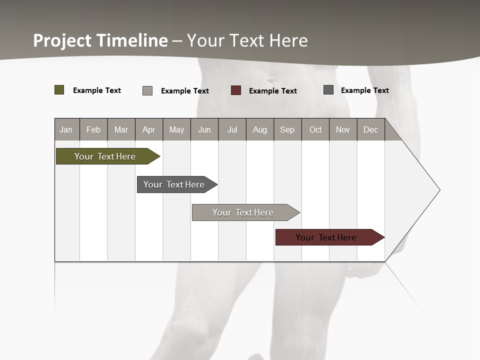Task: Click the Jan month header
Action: (x=66, y=129)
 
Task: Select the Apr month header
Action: (x=148, y=129)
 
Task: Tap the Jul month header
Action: (x=232, y=129)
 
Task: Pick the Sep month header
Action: (x=287, y=129)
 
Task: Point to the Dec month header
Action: (x=370, y=129)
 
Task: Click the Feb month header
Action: (x=93, y=129)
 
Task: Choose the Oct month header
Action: (x=315, y=129)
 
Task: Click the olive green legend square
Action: (x=59, y=90)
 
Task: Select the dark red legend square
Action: (x=236, y=90)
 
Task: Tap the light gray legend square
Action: (x=147, y=90)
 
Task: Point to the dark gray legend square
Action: (x=328, y=90)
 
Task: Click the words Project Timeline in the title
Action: (x=100, y=40)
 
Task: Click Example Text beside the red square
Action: (x=272, y=91)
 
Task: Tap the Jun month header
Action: (x=204, y=129)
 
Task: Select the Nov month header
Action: (x=343, y=129)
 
